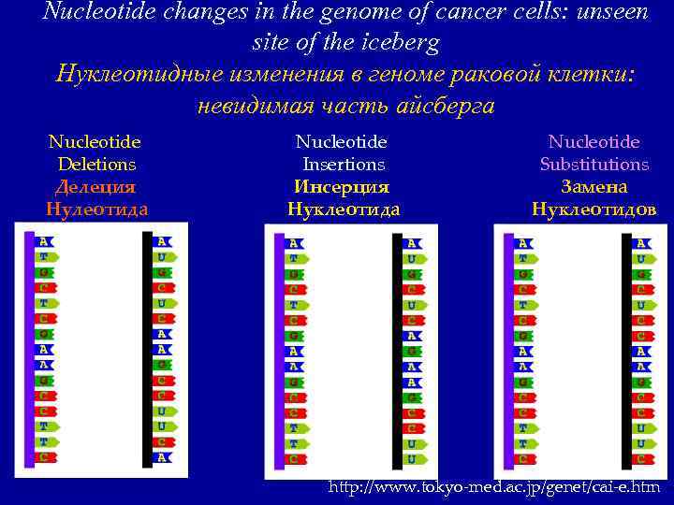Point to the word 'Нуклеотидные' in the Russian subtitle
[140, 74]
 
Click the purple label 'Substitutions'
[594, 165]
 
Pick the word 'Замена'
[594, 187]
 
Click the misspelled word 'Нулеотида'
[96, 209]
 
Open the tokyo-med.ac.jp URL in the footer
[494, 486]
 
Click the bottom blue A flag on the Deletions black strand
[163, 457]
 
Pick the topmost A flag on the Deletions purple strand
[44, 241]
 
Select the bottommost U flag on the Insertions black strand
[412, 459]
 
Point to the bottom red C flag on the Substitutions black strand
[641, 459]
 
